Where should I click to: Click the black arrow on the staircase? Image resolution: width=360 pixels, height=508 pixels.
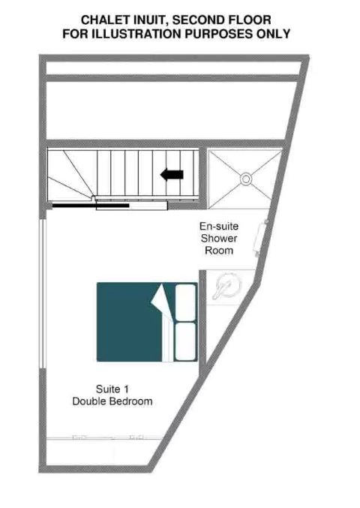click(172, 175)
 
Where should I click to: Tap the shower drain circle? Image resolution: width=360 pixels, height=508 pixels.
click(246, 179)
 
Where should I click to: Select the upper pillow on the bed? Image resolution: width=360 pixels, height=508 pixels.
click(185, 302)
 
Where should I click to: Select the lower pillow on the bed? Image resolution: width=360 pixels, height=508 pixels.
click(185, 341)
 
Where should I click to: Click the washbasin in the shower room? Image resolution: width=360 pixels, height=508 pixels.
click(227, 286)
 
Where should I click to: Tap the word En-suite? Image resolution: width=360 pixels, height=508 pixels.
click(219, 226)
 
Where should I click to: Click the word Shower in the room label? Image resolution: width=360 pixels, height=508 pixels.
click(219, 239)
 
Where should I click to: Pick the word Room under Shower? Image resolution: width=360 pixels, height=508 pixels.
click(219, 251)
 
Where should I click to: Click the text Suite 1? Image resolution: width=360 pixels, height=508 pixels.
click(112, 389)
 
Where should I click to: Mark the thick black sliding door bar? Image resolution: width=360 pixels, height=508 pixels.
click(91, 206)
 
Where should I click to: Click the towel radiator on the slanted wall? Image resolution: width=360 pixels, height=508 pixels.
click(261, 238)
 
